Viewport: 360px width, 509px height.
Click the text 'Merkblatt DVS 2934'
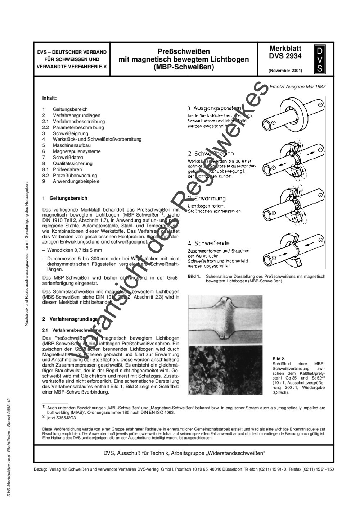click(x=285, y=52)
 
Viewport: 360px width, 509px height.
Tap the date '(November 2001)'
click(x=285, y=71)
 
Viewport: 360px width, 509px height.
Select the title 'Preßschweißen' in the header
click(x=184, y=51)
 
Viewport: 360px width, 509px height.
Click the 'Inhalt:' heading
click(x=49, y=98)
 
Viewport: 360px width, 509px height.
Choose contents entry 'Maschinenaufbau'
click(x=72, y=145)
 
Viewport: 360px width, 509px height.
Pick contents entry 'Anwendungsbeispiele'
click(x=76, y=181)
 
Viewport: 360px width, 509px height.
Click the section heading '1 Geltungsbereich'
click(x=65, y=198)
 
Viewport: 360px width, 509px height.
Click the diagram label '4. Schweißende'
click(x=208, y=243)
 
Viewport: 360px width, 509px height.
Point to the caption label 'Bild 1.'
click(x=194, y=276)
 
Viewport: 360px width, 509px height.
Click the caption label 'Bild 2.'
click(x=279, y=359)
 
